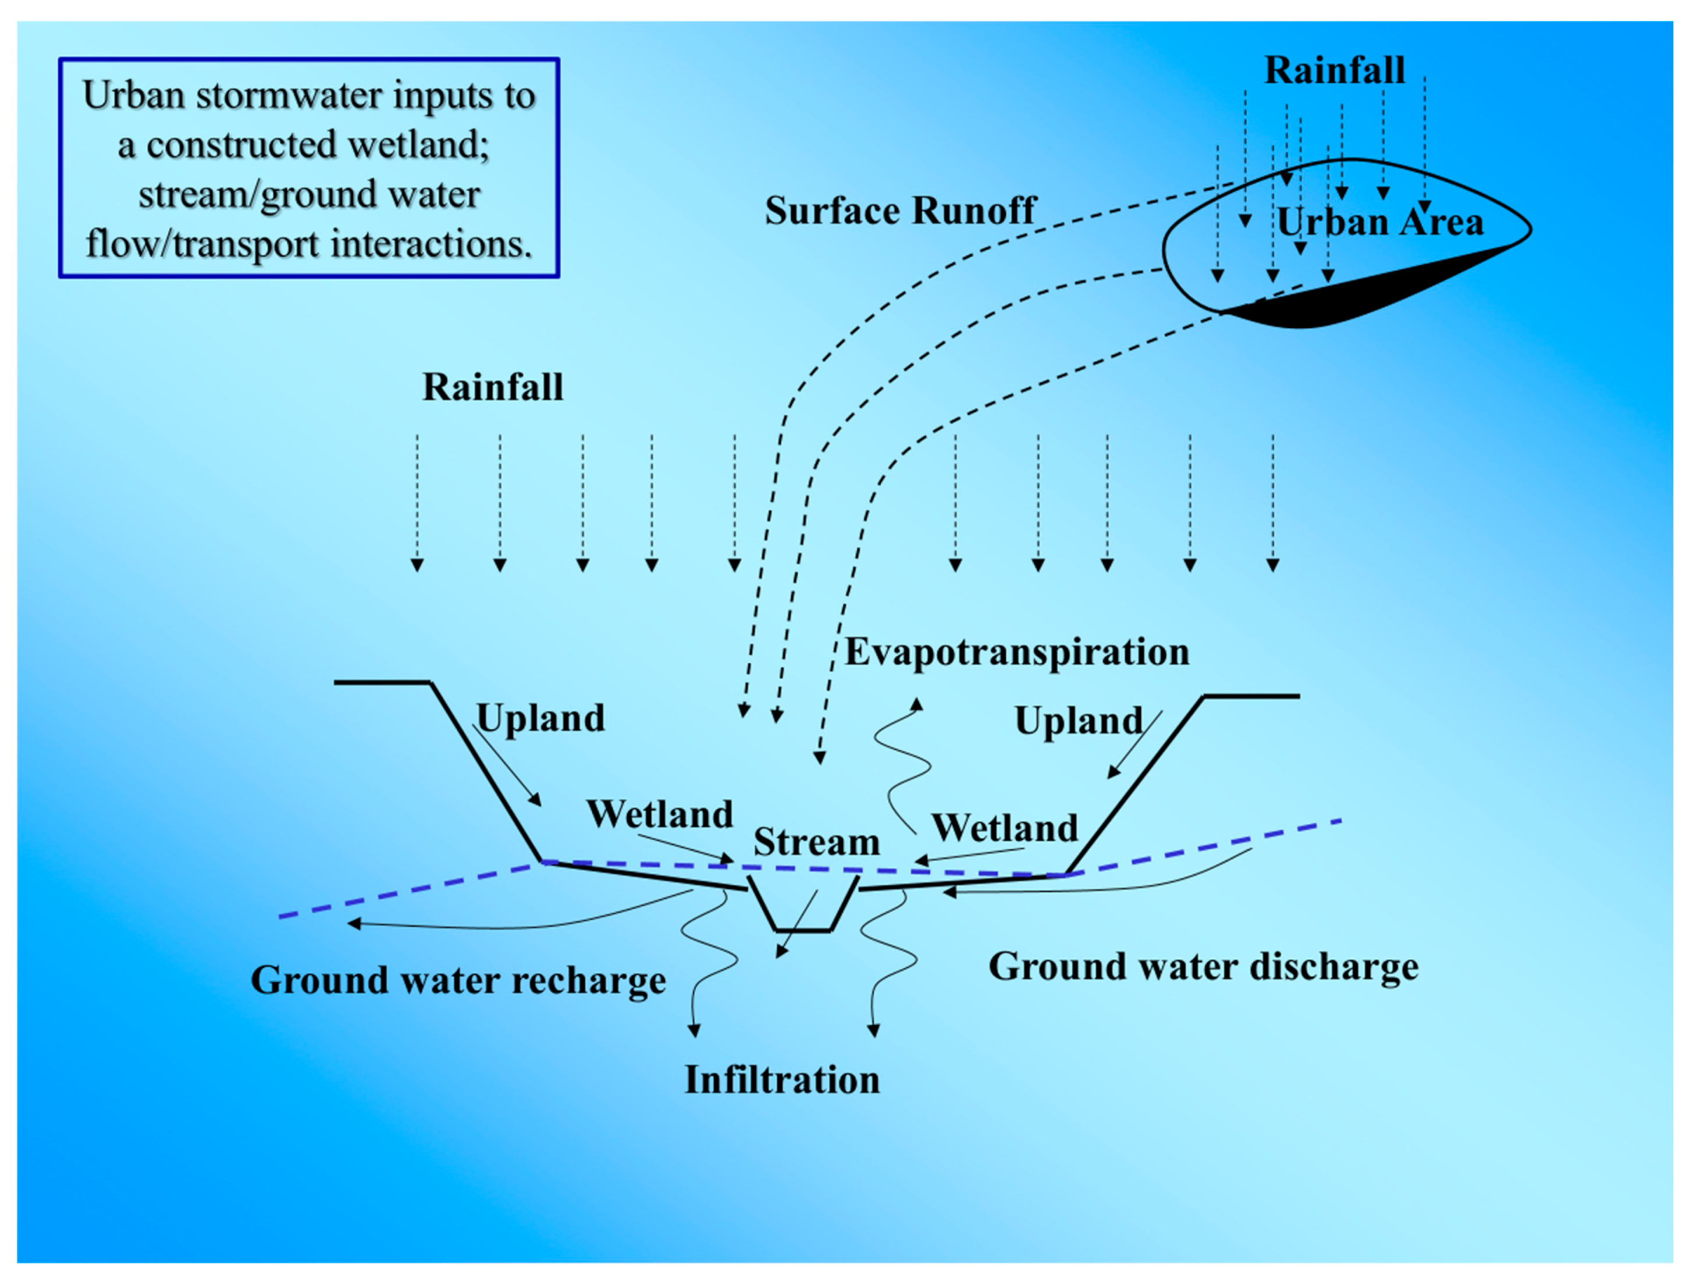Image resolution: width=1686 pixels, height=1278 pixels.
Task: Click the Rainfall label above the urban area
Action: click(x=1335, y=70)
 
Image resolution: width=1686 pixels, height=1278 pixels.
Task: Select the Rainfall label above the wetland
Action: click(x=493, y=387)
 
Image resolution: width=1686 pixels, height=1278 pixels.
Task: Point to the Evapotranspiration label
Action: click(x=1017, y=652)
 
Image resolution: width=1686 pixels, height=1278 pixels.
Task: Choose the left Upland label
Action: click(x=540, y=718)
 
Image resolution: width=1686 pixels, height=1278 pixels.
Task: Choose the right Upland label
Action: click(x=1079, y=721)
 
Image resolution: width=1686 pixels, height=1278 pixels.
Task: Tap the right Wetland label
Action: click(x=1005, y=828)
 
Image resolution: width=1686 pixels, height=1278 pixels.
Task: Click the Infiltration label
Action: click(x=782, y=1080)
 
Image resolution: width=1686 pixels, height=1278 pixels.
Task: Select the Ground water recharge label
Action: click(x=458, y=980)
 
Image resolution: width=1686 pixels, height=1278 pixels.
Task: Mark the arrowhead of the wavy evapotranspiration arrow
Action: click(x=917, y=703)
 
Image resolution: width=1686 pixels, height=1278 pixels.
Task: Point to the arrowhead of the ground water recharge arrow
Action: click(x=354, y=924)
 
